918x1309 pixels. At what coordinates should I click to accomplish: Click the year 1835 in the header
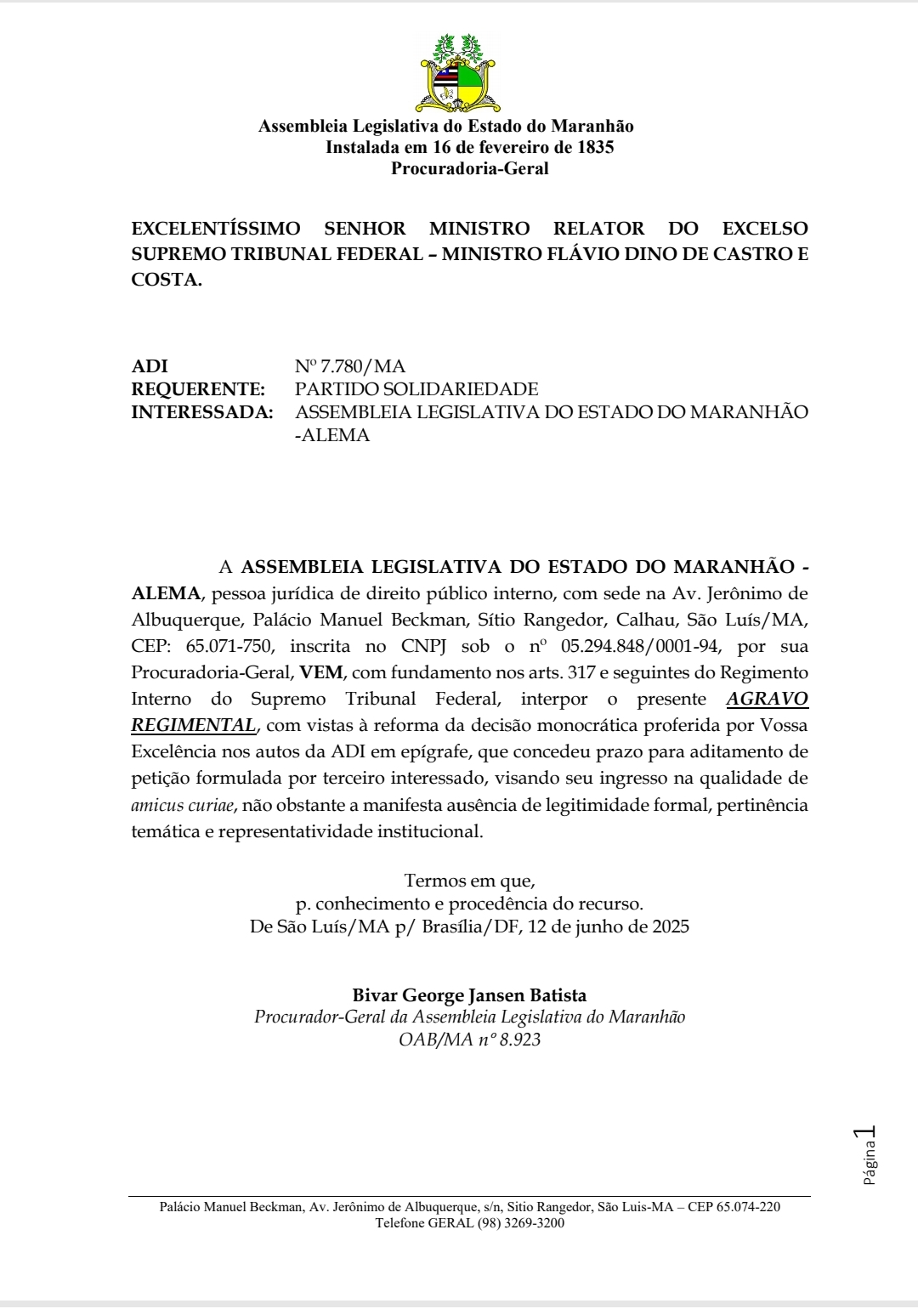click(595, 147)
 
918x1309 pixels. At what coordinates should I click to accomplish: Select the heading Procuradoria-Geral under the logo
click(469, 168)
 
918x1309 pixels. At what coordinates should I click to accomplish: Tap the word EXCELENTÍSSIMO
click(216, 229)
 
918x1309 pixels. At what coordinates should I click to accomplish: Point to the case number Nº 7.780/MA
click(349, 366)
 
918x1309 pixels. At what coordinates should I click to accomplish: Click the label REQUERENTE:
click(198, 389)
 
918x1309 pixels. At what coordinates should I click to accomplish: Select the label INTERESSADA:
click(202, 412)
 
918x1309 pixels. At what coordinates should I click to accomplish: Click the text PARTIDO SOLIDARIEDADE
click(416, 389)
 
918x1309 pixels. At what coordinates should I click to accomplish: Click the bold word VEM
click(321, 672)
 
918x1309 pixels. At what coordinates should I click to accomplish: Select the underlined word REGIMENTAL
click(193, 725)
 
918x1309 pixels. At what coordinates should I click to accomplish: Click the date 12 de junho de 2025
click(608, 926)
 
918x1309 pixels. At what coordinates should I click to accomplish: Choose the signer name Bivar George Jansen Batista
click(469, 995)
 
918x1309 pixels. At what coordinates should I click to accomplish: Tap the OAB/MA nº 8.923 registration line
click(469, 1040)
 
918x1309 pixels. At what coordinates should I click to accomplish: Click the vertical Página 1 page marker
click(868, 1155)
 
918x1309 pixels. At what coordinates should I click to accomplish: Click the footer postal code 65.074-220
click(748, 1207)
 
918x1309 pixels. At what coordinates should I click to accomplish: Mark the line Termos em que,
click(469, 881)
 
